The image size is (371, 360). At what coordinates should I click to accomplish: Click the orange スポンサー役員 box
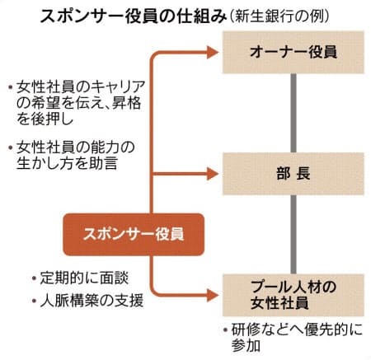[134, 235]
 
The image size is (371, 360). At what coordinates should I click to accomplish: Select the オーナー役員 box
[294, 52]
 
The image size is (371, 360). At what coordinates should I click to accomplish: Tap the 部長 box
[294, 174]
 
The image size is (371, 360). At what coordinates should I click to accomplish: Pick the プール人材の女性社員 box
[294, 295]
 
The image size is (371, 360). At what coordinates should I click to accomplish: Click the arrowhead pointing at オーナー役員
[213, 52]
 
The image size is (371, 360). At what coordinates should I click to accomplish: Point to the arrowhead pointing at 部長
[213, 174]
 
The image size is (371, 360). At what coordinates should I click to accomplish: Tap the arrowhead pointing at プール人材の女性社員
[213, 296]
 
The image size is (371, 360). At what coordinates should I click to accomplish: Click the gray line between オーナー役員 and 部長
[294, 113]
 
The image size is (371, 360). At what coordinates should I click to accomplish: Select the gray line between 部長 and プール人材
[294, 235]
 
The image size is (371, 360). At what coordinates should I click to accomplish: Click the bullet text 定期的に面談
[84, 278]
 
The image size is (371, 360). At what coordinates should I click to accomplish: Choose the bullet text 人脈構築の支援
[92, 301]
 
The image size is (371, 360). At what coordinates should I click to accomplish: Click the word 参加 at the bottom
[246, 346]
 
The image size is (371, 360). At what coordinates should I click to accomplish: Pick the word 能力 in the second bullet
[104, 147]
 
